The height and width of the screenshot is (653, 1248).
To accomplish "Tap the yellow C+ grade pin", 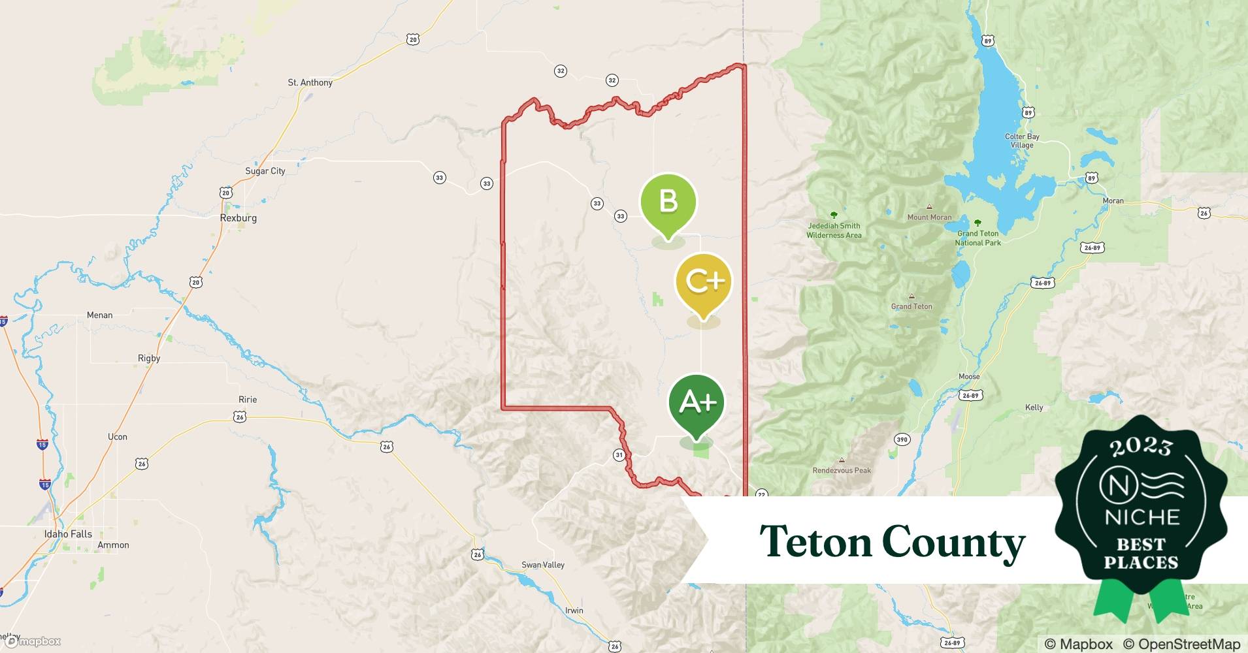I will coord(703,283).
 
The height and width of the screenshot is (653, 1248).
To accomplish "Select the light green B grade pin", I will coord(668,202).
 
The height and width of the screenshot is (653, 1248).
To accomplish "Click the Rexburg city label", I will coord(238,218).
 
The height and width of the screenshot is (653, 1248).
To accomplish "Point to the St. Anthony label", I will coord(310,82).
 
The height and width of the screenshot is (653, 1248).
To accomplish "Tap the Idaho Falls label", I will coord(68,534).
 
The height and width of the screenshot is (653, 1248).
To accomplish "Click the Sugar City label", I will coord(265,171).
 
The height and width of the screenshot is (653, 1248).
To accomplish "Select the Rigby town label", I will coord(149,358).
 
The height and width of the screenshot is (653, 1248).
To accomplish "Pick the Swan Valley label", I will coord(543,565).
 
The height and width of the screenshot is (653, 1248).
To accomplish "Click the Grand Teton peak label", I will coord(911,306).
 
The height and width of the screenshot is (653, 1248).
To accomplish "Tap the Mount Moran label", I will coord(929,217).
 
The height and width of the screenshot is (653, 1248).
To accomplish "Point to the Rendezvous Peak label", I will coord(842,470).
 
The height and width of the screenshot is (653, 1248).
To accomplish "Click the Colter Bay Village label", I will coord(1022,140).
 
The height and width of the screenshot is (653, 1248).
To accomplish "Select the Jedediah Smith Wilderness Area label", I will coord(834,231).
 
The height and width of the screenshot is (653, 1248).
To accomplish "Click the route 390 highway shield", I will coord(902,439).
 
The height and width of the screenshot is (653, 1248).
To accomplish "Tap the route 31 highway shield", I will coord(619,455).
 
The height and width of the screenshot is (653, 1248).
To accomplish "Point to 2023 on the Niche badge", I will coord(1140,446).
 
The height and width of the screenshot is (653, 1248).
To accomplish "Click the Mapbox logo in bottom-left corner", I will coord(34,641).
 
